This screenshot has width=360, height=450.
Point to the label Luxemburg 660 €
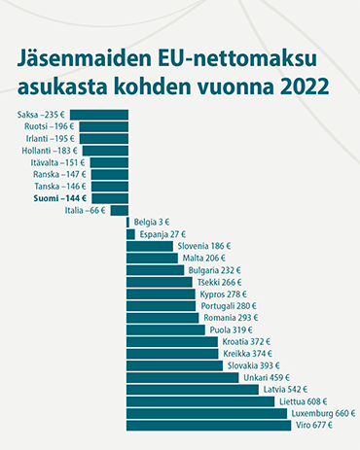(325, 413)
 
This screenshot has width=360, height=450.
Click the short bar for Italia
(120, 210)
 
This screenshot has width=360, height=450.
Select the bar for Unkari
(183, 377)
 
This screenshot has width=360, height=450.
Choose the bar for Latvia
(193, 389)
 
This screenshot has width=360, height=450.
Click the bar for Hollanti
(104, 151)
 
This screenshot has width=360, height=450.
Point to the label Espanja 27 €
(162, 234)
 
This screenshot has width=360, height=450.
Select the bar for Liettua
(200, 401)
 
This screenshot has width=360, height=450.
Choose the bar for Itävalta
(110, 162)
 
